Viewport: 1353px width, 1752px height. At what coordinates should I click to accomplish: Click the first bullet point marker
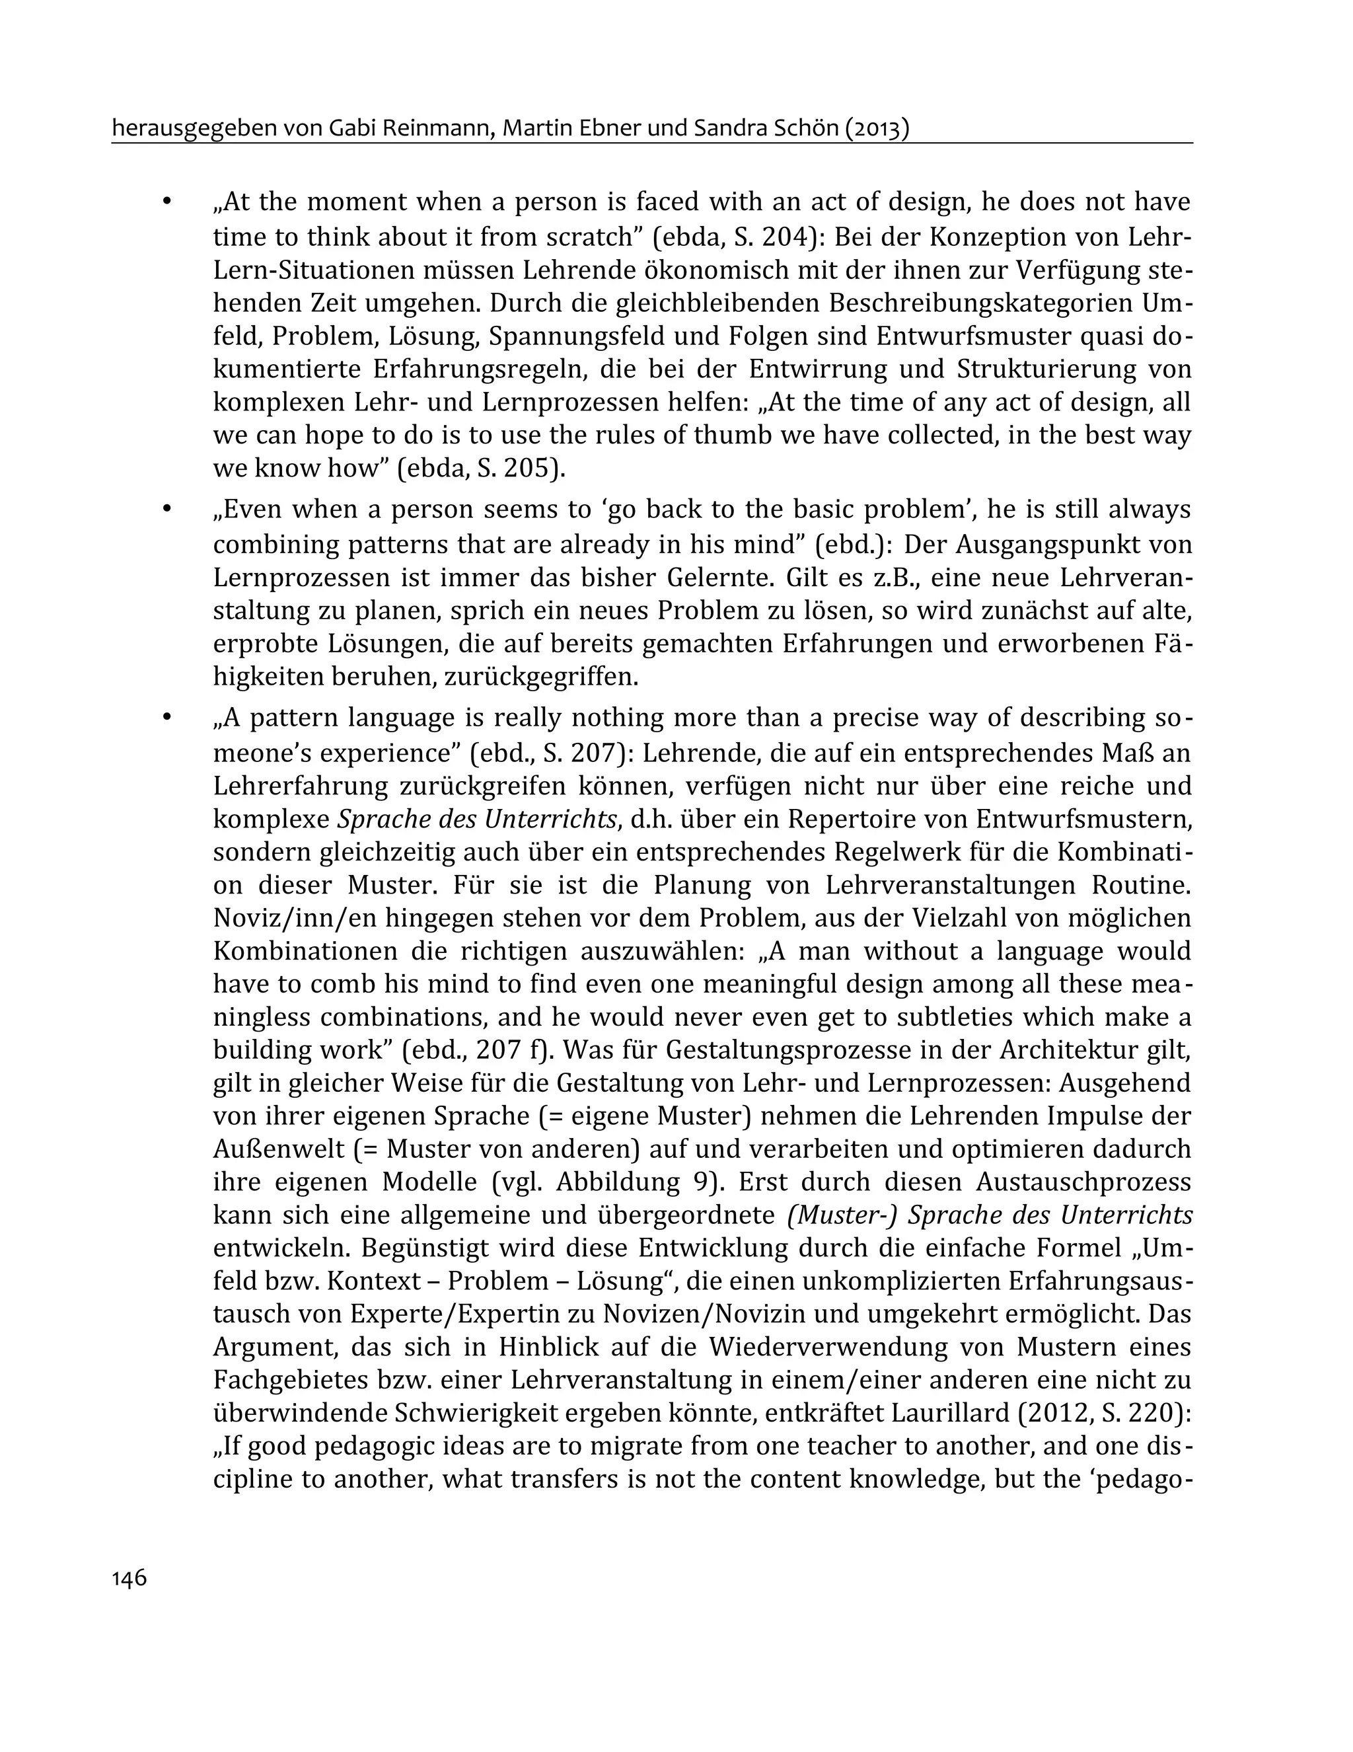167,202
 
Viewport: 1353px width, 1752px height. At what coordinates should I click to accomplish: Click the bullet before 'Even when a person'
167,510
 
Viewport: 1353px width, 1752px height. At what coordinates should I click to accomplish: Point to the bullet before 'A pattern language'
167,717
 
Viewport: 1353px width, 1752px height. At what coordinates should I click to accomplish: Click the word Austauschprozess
1083,1182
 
